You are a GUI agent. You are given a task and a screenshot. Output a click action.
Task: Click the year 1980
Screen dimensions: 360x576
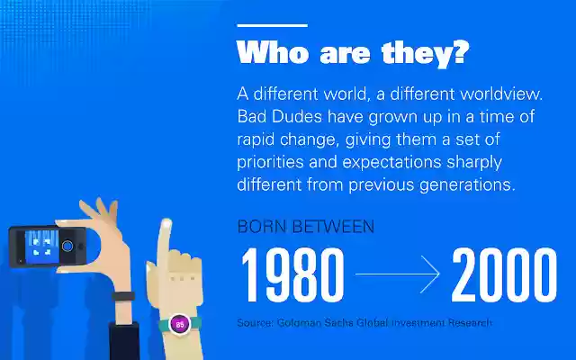coord(292,274)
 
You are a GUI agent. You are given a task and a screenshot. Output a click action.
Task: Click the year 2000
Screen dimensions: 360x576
coord(504,274)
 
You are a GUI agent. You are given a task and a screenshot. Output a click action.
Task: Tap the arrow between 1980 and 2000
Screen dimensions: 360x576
coord(397,274)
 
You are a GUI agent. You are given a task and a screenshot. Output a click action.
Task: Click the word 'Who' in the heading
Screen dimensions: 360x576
coord(267,51)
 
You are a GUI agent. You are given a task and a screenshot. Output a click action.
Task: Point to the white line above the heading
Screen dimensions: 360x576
coord(271,25)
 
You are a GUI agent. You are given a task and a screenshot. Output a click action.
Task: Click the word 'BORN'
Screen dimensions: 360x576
coord(261,226)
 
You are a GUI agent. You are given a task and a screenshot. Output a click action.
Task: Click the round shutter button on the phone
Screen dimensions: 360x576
coord(68,244)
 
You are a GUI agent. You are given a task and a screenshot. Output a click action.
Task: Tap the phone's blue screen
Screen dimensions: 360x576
coord(39,243)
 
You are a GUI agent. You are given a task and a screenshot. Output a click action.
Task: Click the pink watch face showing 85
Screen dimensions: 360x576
coord(178,322)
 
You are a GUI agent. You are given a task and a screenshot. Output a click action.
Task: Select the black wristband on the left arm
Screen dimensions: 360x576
coord(123,296)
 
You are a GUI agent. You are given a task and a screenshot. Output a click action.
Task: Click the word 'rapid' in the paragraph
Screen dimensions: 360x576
coord(257,140)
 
